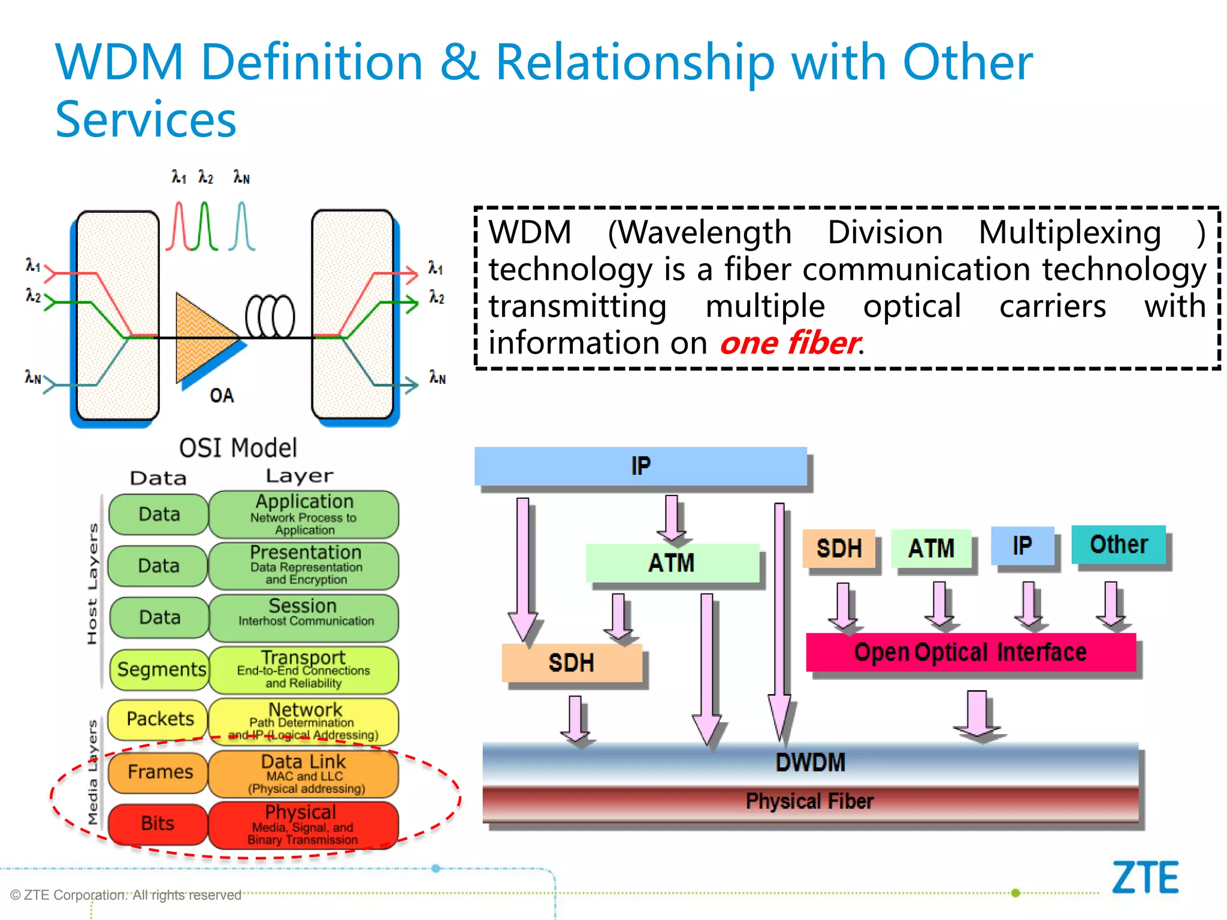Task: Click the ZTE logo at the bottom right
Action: [1145, 878]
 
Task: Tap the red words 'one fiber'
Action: [790, 343]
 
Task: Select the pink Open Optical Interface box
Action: [971, 652]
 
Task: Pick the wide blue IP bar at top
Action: [640, 466]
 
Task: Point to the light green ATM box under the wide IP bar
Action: [672, 563]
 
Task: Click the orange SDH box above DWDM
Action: [572, 663]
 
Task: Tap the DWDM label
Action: [810, 762]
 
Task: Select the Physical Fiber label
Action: [810, 801]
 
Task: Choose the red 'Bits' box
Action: [158, 824]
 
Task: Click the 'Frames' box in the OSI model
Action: [159, 772]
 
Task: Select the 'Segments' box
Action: [161, 669]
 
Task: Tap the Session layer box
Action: [303, 617]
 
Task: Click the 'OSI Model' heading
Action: [238, 448]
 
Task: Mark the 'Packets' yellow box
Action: [159, 719]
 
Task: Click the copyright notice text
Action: [126, 895]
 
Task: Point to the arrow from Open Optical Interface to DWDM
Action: [977, 715]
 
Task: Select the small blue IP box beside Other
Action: [1022, 546]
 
